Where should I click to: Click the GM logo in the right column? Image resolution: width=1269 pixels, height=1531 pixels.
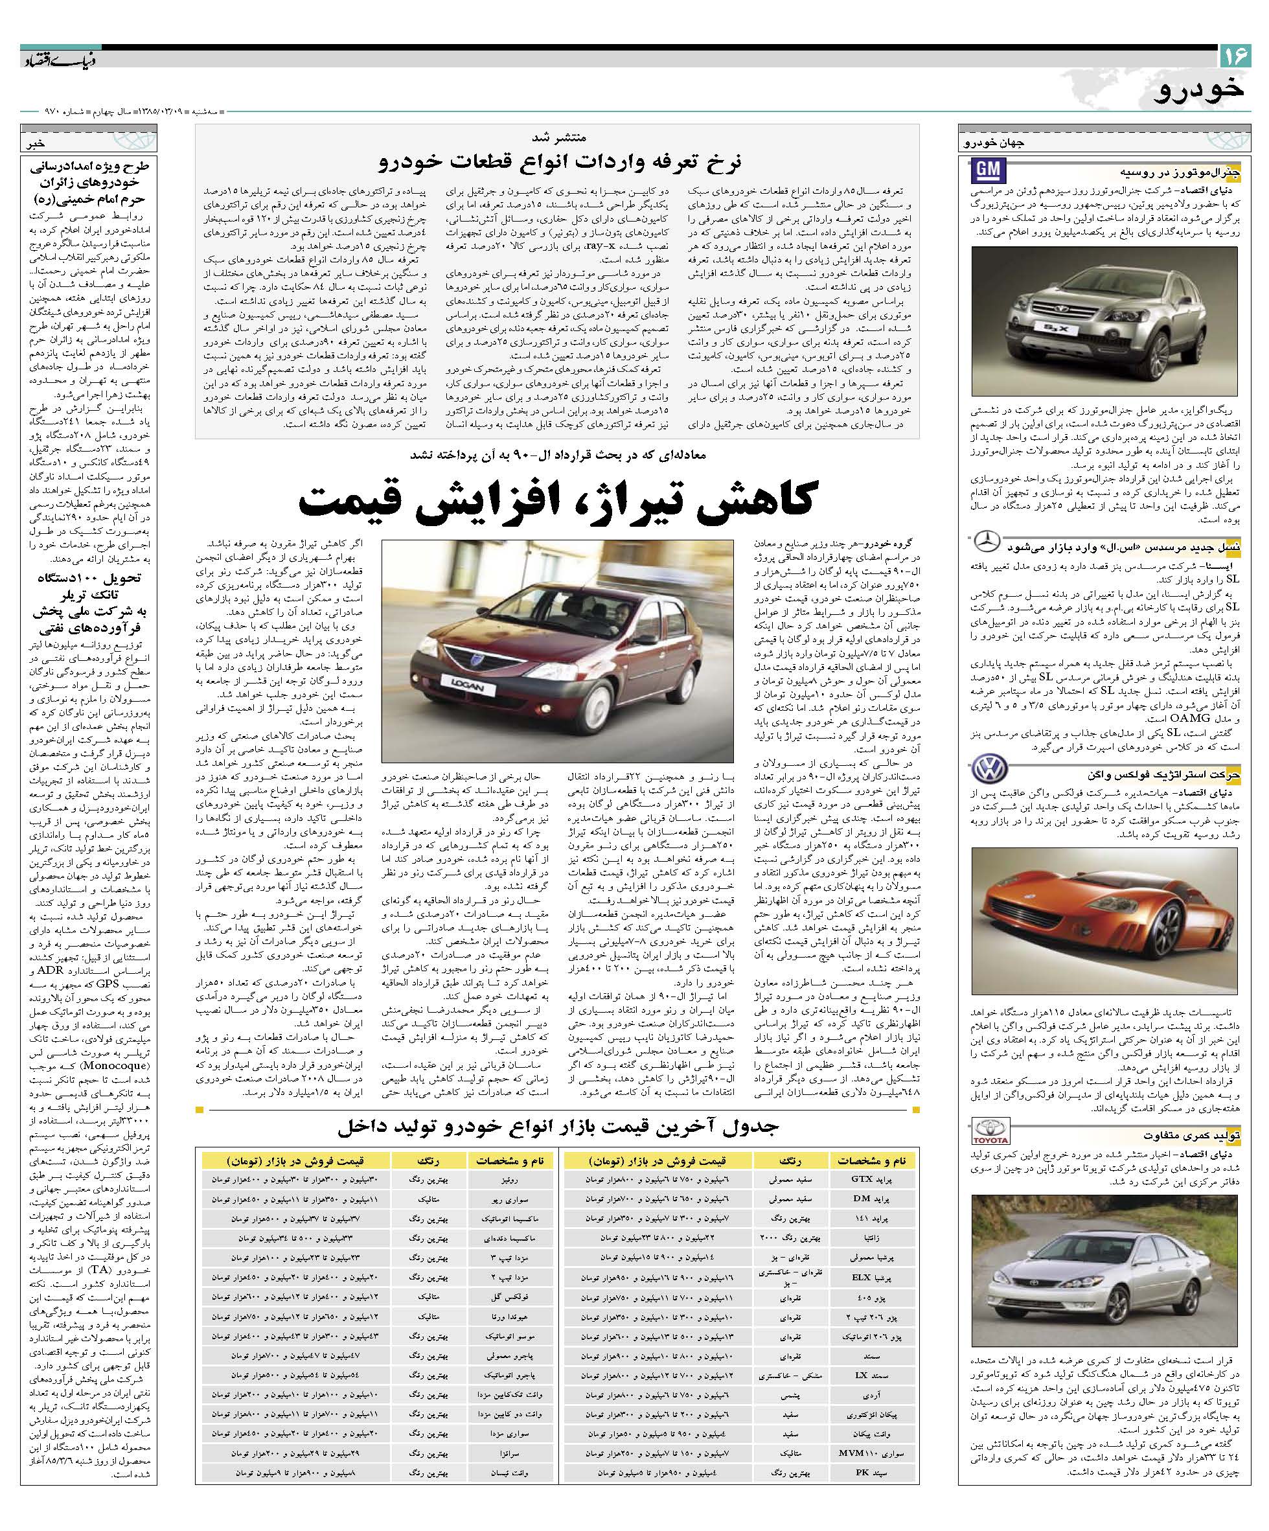[x=989, y=171]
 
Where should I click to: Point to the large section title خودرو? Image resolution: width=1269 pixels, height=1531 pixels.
[x=1200, y=89]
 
